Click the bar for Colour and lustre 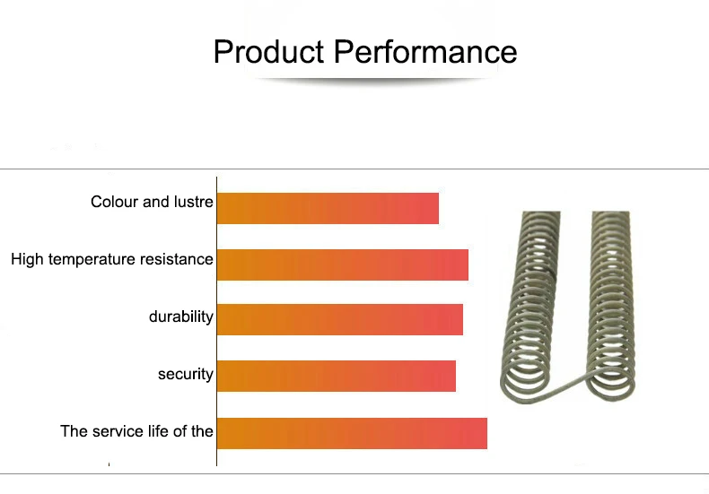(x=328, y=208)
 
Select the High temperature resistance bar (x=343, y=264)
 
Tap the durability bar (x=340, y=320)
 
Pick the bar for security (x=337, y=377)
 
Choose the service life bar (x=352, y=434)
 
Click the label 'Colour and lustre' (x=152, y=202)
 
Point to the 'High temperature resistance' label (x=112, y=260)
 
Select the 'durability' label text (x=181, y=317)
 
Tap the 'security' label (x=186, y=375)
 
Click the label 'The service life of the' (x=136, y=431)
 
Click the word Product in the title (x=269, y=51)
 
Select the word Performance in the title (x=425, y=52)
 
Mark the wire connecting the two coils (x=565, y=387)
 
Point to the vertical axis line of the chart (x=216, y=321)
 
